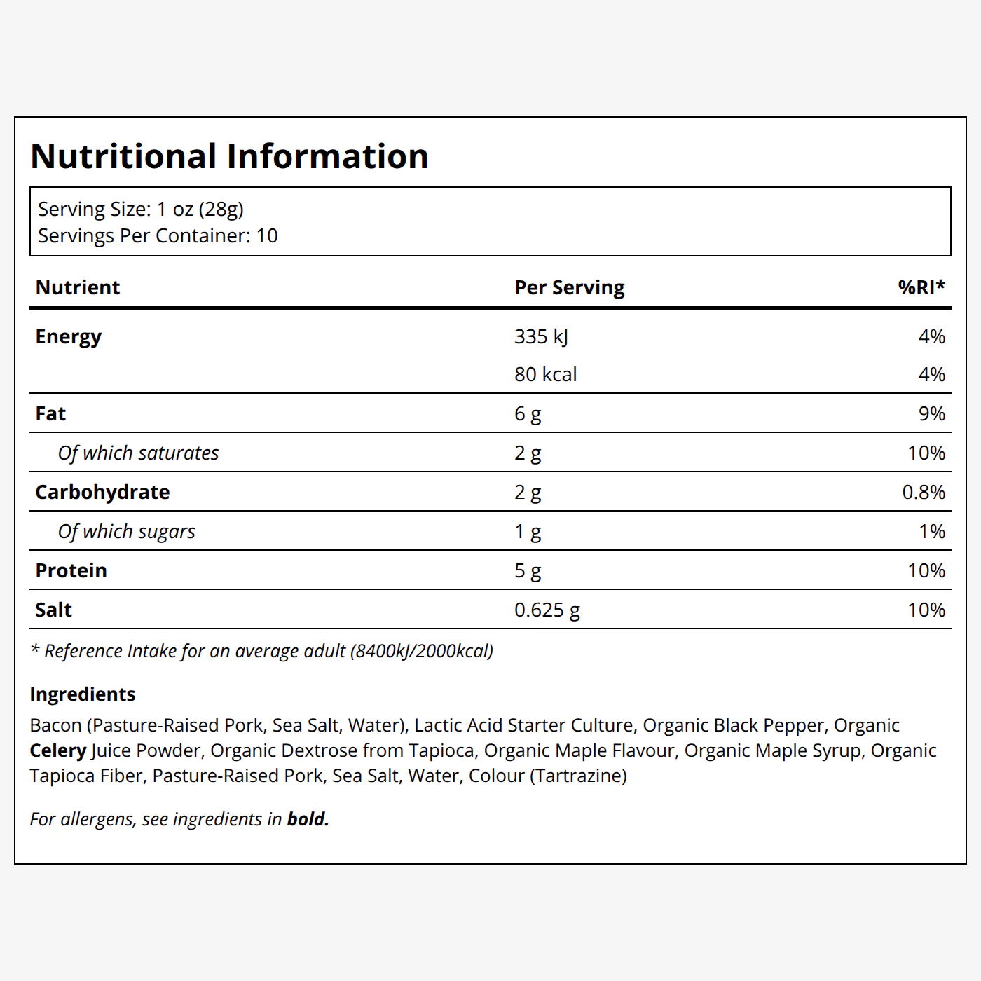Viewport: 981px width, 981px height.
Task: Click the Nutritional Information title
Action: [x=229, y=156]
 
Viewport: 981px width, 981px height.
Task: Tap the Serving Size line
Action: [x=141, y=210]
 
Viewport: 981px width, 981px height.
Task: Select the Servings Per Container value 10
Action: [x=267, y=235]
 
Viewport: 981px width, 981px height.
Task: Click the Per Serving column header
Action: [x=569, y=287]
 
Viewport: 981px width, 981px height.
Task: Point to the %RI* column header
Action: [x=921, y=287]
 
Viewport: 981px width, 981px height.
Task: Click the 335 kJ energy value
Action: [x=541, y=336]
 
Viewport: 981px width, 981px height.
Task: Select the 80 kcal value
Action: [x=545, y=375]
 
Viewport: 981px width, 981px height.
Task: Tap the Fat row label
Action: [x=50, y=414]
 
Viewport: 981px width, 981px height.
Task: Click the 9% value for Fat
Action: [x=932, y=413]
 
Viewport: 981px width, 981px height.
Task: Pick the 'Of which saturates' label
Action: [x=138, y=453]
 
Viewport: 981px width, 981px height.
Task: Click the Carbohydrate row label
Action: [x=102, y=493]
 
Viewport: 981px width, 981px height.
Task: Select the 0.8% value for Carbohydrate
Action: [x=924, y=492]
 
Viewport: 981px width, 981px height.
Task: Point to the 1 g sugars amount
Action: [x=528, y=531]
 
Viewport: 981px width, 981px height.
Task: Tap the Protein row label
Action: [x=71, y=570]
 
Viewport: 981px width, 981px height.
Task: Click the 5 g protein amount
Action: [x=528, y=570]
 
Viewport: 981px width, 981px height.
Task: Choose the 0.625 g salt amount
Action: [x=547, y=610]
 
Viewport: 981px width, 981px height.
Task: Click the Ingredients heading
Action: [x=83, y=694]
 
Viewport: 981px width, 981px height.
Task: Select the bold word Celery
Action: [x=58, y=751]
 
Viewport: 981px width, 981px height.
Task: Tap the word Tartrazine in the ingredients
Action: [x=578, y=776]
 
